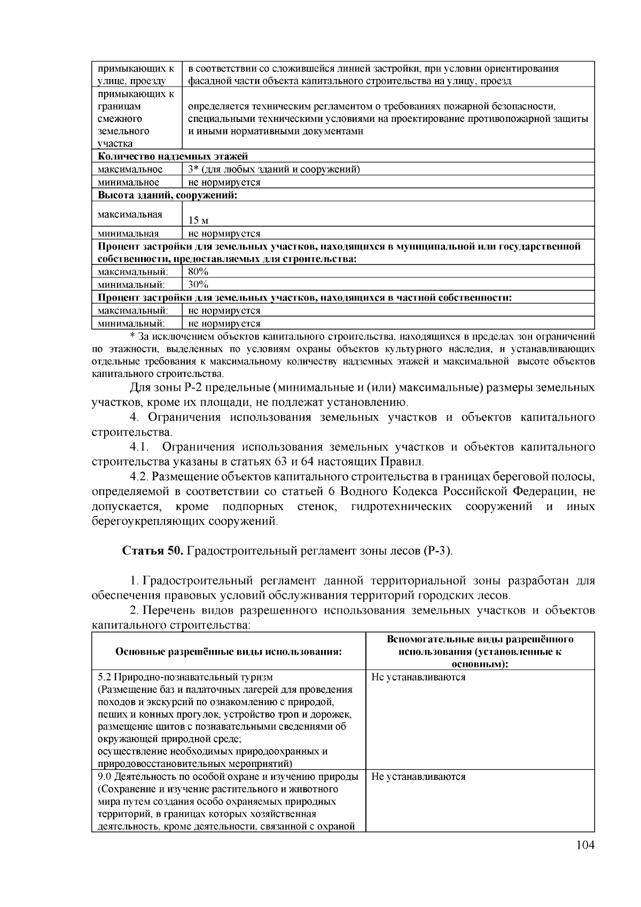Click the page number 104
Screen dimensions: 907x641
pyautogui.click(x=585, y=845)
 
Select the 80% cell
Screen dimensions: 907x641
pyautogui.click(x=198, y=272)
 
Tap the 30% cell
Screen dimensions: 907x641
pyautogui.click(x=198, y=284)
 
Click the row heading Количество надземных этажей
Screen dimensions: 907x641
pyautogui.click(x=173, y=157)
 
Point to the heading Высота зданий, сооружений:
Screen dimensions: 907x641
pyautogui.click(x=167, y=195)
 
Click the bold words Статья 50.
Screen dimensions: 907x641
pyautogui.click(x=153, y=551)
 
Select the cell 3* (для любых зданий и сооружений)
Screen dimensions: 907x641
pyautogui.click(x=274, y=169)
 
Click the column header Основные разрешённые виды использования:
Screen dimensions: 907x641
pyautogui.click(x=228, y=652)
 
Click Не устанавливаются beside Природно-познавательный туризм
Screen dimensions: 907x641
pyautogui.click(x=418, y=677)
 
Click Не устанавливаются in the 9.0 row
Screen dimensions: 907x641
pyautogui.click(x=418, y=777)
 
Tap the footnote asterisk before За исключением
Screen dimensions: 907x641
pyautogui.click(x=132, y=337)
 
